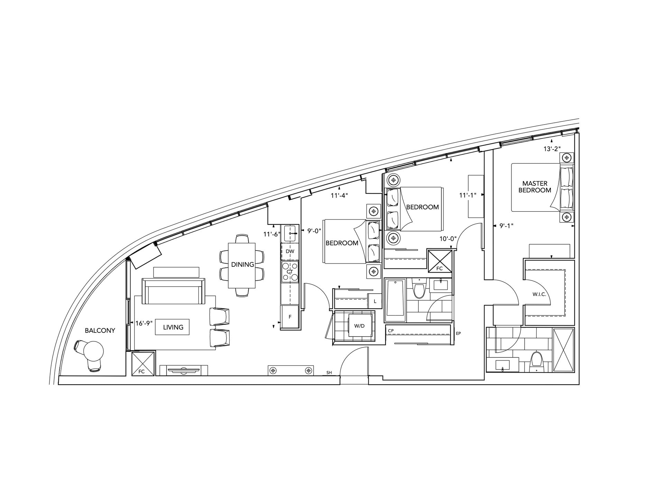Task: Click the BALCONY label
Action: pyautogui.click(x=100, y=330)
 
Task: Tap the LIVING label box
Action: pyautogui.click(x=172, y=327)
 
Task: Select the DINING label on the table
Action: pyautogui.click(x=242, y=264)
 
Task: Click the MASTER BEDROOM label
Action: pyautogui.click(x=535, y=187)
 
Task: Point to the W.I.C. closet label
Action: pyautogui.click(x=539, y=294)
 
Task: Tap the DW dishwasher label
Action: pyautogui.click(x=290, y=251)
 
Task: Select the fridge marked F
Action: pyautogui.click(x=290, y=316)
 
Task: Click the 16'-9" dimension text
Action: pyautogui.click(x=144, y=323)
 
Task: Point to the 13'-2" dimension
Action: pyautogui.click(x=552, y=148)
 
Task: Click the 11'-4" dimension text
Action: pyautogui.click(x=339, y=195)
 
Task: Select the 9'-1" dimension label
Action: pyautogui.click(x=506, y=226)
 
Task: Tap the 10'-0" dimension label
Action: pyautogui.click(x=448, y=239)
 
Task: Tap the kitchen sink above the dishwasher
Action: pyautogui.click(x=289, y=234)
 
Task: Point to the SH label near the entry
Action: pyautogui.click(x=329, y=373)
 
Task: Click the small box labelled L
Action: pyautogui.click(x=375, y=301)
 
